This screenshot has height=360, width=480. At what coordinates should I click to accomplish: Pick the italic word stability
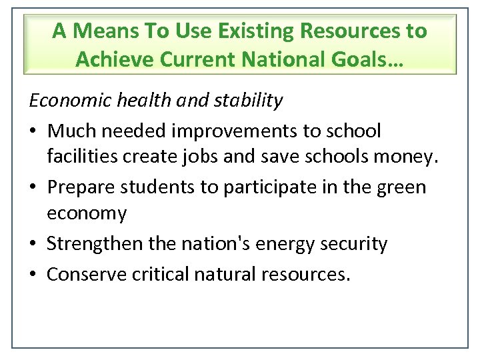tap(249, 100)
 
